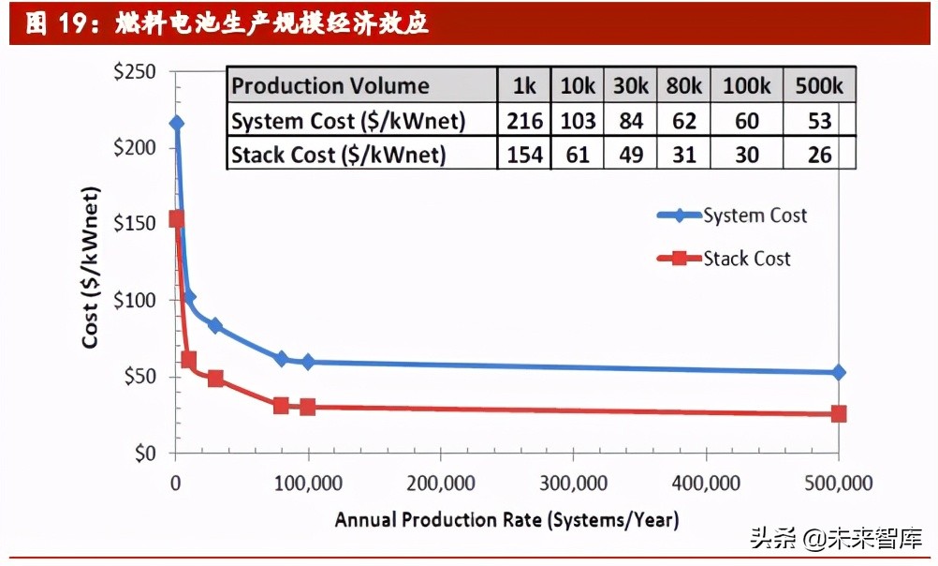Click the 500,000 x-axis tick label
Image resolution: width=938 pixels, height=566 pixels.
tap(838, 484)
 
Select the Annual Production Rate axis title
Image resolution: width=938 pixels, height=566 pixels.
tap(506, 519)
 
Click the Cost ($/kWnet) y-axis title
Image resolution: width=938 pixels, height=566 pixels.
tap(90, 268)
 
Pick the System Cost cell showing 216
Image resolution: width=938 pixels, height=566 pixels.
tap(524, 121)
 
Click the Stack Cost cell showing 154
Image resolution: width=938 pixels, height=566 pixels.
tap(524, 155)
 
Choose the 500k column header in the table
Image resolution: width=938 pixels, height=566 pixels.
tap(819, 86)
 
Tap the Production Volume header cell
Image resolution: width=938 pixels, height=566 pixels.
tap(330, 86)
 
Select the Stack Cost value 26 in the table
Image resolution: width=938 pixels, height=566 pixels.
tap(819, 155)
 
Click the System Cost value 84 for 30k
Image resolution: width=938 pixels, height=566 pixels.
tap(631, 121)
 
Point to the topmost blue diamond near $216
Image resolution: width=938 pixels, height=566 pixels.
tap(176, 123)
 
